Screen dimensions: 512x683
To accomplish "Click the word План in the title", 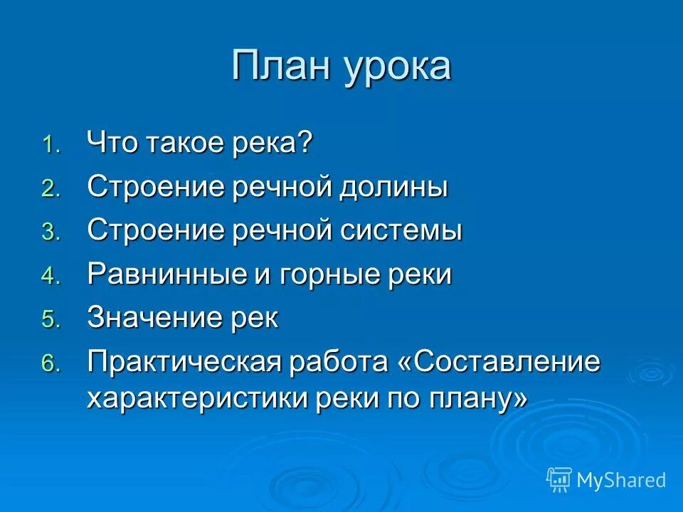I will (x=280, y=66).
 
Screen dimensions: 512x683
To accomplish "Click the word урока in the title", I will (x=398, y=68).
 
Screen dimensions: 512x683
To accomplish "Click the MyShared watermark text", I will (x=622, y=481).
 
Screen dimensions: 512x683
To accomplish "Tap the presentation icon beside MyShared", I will (x=559, y=480).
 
